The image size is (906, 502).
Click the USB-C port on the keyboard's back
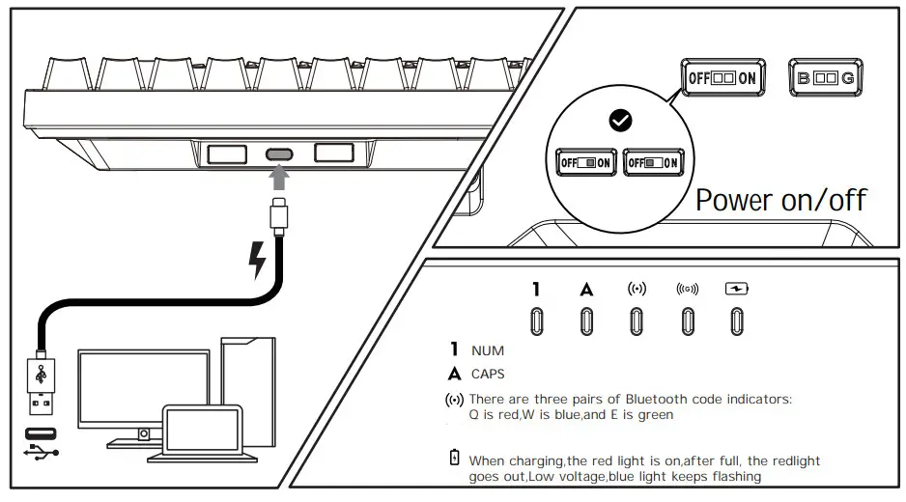[280, 153]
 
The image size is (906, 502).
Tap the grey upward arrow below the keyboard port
[280, 178]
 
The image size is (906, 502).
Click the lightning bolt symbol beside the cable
[257, 259]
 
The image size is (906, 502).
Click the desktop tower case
[248, 386]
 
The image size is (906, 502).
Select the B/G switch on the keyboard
[826, 78]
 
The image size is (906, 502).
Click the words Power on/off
[780, 200]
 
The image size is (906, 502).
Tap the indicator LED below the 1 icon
[536, 321]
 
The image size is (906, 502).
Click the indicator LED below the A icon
[586, 321]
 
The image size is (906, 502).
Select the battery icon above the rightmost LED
[737, 289]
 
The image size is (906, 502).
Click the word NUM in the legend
[488, 350]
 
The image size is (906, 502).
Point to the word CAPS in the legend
[488, 374]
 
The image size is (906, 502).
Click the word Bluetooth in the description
[660, 399]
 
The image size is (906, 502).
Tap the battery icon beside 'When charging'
[454, 458]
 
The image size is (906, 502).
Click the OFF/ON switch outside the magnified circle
[722, 78]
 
